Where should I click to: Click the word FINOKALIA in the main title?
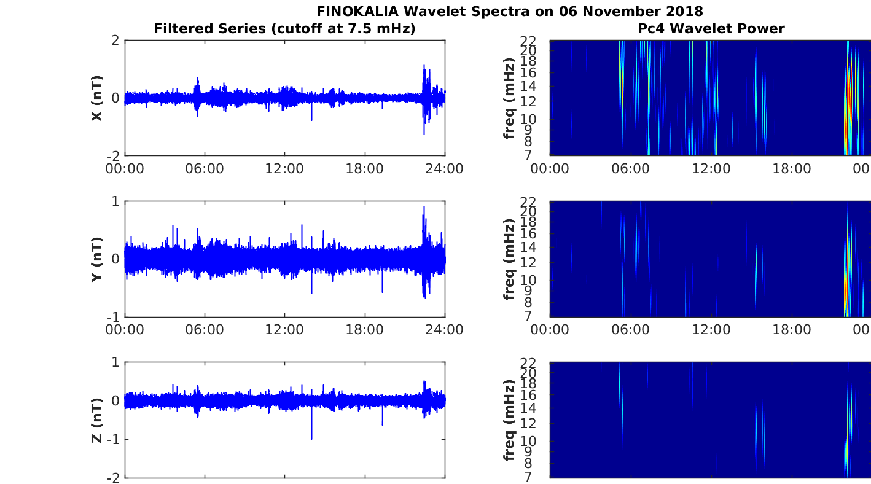coord(357,11)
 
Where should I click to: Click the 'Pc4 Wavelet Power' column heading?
coord(711,28)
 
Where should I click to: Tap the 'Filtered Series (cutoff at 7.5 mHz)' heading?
coord(284,29)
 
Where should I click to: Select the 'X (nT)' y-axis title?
coord(97,98)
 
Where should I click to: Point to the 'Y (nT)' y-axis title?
coord(97,259)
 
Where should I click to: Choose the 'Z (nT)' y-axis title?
coord(97,420)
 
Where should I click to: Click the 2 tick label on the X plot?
coord(115,40)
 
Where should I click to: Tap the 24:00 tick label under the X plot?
coord(445,169)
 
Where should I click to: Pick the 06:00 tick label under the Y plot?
coord(205,330)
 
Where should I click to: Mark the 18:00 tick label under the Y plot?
coord(364,330)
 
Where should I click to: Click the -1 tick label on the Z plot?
coord(114,439)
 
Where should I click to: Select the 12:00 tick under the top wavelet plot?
coord(711,169)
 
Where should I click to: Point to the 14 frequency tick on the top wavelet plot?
coord(528,87)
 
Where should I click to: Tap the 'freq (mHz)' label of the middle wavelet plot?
coord(509,259)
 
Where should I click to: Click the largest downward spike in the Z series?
coord(311,439)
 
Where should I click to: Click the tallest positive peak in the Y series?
coord(424,207)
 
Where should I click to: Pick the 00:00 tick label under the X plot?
coord(125,169)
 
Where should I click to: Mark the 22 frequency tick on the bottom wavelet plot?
coord(528,362)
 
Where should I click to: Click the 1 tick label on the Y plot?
coord(115,201)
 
